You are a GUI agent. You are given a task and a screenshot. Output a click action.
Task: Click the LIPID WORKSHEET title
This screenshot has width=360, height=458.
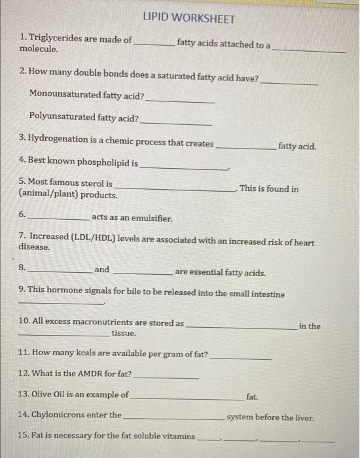(188, 19)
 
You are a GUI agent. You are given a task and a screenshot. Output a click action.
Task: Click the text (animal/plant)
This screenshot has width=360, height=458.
(46, 195)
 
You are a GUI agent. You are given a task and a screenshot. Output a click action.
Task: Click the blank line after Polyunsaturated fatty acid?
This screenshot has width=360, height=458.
(177, 122)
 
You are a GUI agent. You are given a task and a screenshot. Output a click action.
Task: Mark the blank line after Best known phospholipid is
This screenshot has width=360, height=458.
(183, 167)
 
